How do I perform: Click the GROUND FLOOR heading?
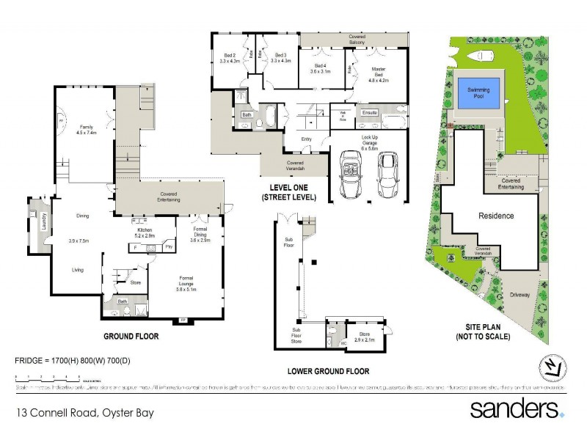click(132, 337)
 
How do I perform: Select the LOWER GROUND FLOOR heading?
click(328, 371)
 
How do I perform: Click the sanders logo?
click(517, 408)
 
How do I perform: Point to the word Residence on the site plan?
click(495, 216)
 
